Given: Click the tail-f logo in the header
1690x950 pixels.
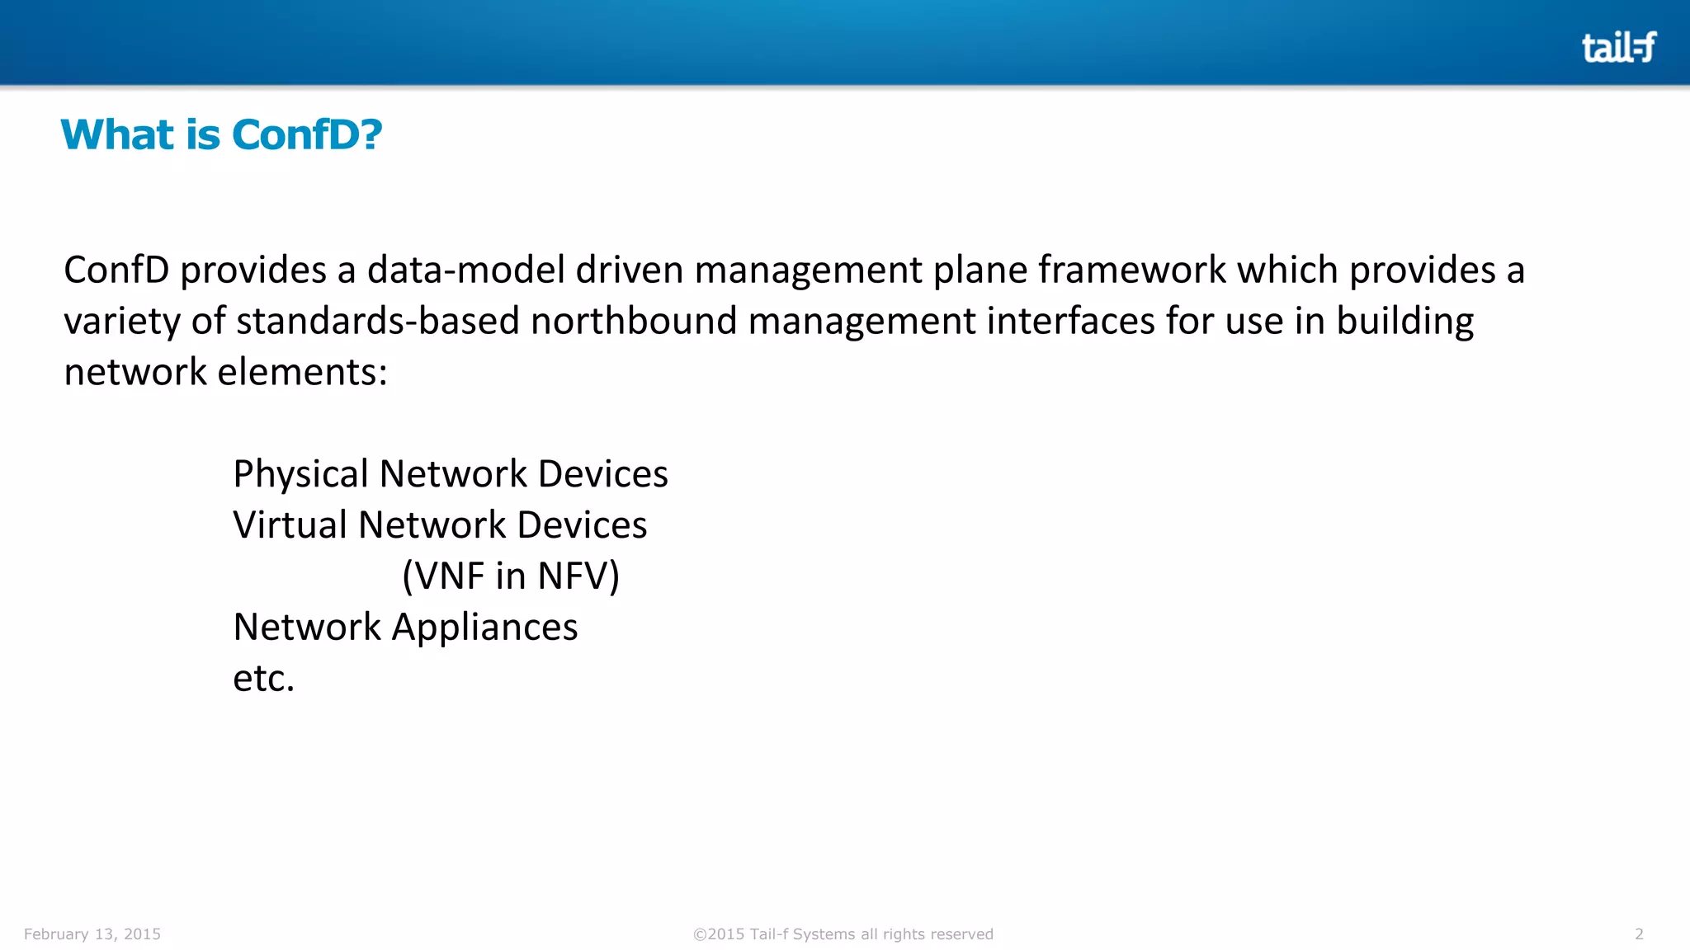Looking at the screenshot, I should [x=1618, y=47].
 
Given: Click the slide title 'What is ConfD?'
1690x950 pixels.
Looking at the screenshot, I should [x=221, y=134].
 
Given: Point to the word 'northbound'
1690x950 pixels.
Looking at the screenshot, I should [x=634, y=321].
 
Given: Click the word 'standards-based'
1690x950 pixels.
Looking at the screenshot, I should [x=378, y=321].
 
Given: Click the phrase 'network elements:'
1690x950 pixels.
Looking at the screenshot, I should [x=225, y=372].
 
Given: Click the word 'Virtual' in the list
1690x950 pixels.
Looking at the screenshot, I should [x=290, y=525].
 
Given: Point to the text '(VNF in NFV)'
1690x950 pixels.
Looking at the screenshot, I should [x=511, y=576].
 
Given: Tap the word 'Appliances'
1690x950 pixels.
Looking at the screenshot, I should [x=484, y=628].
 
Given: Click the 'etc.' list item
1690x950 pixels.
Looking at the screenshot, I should [x=263, y=679].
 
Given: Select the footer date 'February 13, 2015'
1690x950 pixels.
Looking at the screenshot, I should [x=92, y=934].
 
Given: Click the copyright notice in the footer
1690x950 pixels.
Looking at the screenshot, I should [x=843, y=934].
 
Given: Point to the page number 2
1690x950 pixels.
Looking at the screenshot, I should [x=1639, y=934].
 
